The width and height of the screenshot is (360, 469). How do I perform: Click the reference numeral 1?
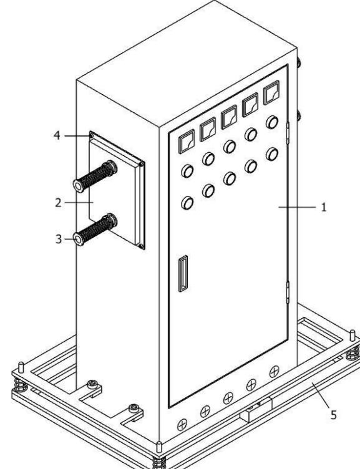[x=323, y=207]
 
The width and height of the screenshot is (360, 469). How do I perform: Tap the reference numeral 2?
[x=58, y=203]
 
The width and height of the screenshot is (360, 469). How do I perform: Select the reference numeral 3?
[x=59, y=239]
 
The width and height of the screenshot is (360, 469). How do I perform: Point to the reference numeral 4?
[x=57, y=135]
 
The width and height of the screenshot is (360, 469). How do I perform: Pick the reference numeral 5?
[x=334, y=415]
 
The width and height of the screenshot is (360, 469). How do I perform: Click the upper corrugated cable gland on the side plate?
[x=95, y=176]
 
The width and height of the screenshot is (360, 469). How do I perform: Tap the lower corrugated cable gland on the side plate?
[x=95, y=230]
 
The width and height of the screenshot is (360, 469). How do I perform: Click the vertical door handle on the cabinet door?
[x=183, y=273]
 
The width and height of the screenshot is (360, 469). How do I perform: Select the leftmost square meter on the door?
[x=187, y=142]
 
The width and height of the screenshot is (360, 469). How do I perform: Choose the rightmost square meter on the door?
[x=271, y=92]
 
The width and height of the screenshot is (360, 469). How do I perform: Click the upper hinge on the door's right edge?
[x=288, y=132]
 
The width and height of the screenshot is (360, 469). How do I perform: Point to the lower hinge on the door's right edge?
[x=288, y=293]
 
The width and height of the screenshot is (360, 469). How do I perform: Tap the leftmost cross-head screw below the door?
[x=182, y=425]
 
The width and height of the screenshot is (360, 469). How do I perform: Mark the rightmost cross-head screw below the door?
[x=274, y=372]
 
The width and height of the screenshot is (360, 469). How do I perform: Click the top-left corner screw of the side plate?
[x=92, y=136]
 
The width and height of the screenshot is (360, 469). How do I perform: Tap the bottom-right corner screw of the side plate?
[x=141, y=246]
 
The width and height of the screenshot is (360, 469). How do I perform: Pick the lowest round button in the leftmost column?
[x=187, y=203]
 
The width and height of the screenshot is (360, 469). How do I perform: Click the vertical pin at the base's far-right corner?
[x=353, y=335]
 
